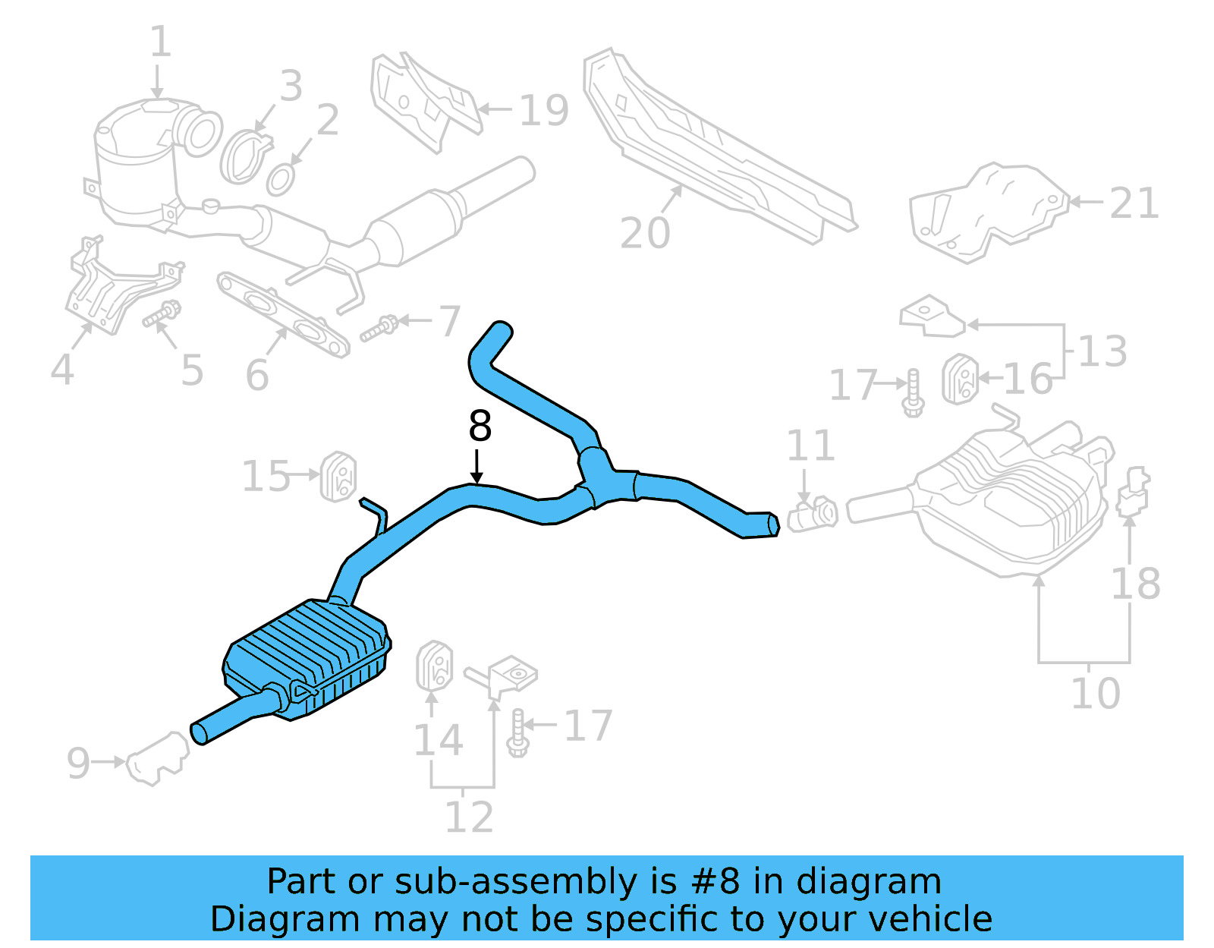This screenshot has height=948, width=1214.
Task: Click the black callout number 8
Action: point(480,427)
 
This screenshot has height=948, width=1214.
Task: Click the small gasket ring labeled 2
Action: point(280,180)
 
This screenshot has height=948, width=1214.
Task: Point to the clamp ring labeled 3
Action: point(245,156)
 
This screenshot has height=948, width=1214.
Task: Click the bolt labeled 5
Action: point(162,313)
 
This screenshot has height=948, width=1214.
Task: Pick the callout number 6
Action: point(257,375)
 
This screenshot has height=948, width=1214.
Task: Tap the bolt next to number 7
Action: point(379,329)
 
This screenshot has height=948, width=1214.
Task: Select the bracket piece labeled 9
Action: point(157,759)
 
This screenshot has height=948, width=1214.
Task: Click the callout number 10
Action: point(1095,694)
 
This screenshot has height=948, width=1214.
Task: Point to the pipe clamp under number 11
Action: point(812,515)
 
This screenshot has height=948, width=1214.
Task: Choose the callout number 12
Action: point(469,817)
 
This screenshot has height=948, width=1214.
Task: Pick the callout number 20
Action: point(645,233)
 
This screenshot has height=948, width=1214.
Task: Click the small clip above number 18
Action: point(1134,492)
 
